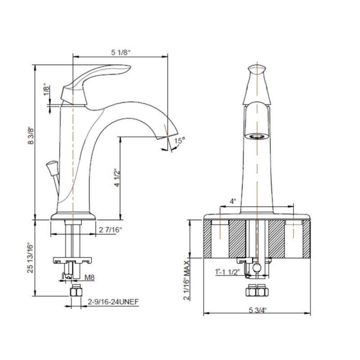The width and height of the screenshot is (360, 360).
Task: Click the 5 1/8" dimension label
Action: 121,52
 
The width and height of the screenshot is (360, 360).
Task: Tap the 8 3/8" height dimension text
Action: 31,136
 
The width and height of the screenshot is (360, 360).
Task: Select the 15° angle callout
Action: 179,140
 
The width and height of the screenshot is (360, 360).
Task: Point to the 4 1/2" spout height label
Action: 117,178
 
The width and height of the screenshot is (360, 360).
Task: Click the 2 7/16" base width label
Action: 110,229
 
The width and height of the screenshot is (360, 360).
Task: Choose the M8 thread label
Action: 90,277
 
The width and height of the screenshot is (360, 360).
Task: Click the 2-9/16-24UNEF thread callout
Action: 113,301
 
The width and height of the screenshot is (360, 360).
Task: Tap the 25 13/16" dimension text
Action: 30,257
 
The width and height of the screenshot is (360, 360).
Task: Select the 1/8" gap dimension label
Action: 46,91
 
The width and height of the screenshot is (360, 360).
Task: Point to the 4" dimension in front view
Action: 233,201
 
